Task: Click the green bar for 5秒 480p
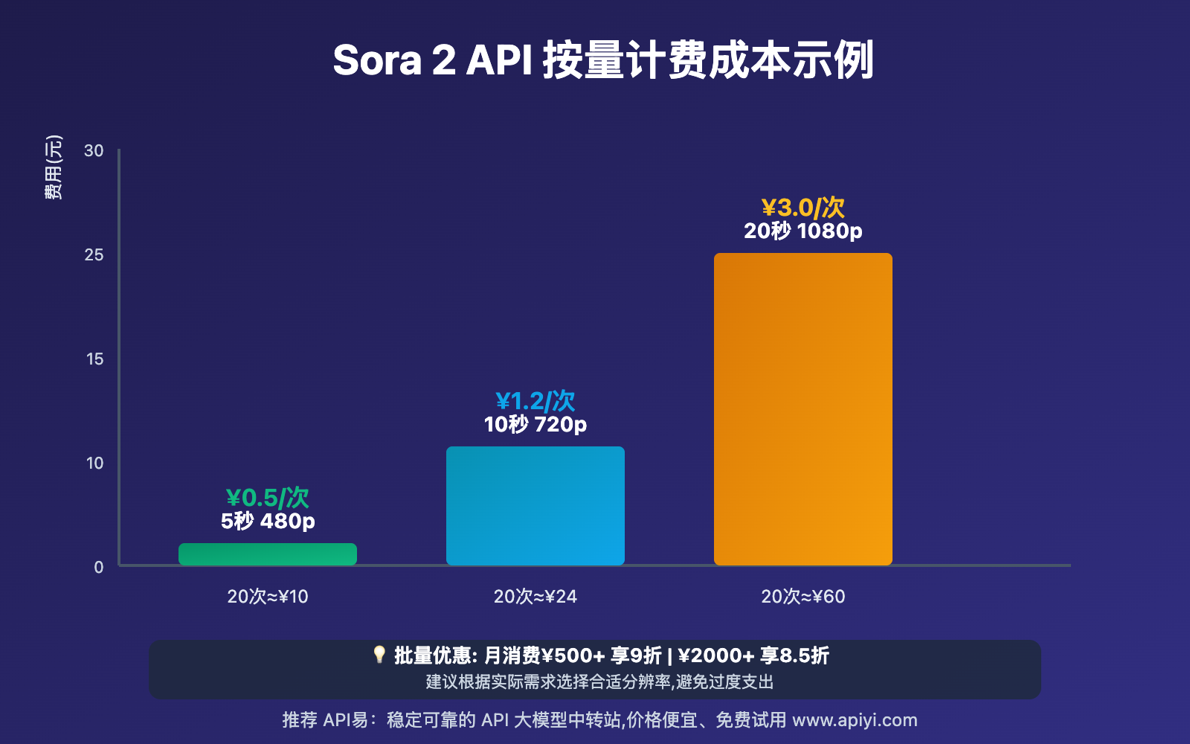coord(268,554)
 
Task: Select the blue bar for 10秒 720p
coord(535,506)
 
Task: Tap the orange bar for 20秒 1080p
coord(803,409)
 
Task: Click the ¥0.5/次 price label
coord(268,497)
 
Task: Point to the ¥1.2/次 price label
coord(535,401)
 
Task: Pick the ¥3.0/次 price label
coord(803,208)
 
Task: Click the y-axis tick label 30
coord(94,151)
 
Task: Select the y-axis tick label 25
coord(94,255)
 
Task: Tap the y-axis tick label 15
coord(94,359)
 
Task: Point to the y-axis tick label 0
coord(99,567)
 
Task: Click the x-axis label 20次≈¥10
coord(268,597)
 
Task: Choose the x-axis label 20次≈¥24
coord(535,597)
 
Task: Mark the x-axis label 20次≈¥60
coord(803,597)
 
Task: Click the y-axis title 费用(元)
coord(54,167)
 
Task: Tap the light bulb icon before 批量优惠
coord(379,655)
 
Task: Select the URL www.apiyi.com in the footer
coord(855,720)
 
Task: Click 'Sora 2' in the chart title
coord(394,60)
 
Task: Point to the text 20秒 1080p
coord(803,231)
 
